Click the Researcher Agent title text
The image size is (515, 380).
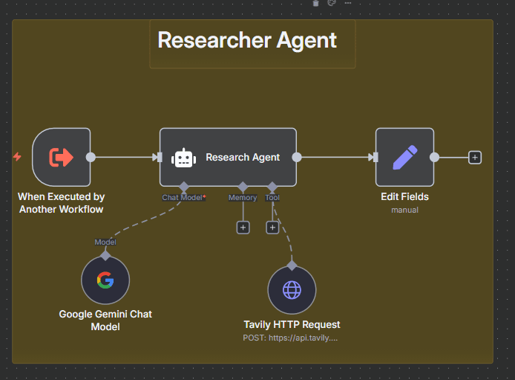click(247, 40)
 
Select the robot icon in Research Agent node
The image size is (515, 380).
click(183, 158)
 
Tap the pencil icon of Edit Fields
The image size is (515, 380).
click(404, 157)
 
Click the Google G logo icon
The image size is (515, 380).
click(105, 280)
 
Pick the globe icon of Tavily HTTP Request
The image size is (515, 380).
click(292, 289)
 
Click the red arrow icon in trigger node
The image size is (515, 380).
click(61, 157)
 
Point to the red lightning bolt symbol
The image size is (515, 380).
click(17, 157)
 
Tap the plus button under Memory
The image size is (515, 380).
click(243, 228)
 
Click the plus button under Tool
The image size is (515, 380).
click(272, 228)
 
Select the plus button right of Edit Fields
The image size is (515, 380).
click(475, 157)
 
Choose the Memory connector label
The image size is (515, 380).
click(243, 198)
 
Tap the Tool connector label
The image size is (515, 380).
click(272, 198)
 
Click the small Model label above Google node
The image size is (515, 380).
click(105, 242)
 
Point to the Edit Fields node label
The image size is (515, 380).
click(404, 197)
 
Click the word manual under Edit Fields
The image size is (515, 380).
click(404, 210)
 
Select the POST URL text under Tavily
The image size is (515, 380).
click(292, 338)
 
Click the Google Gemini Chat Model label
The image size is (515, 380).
click(105, 321)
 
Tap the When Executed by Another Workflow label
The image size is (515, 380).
click(61, 203)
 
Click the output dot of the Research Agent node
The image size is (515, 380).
click(297, 157)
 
